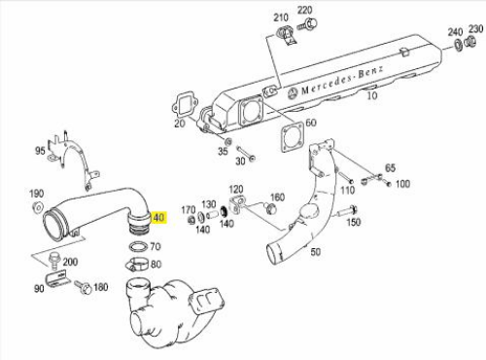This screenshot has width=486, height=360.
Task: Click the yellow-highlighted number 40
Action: point(158,218)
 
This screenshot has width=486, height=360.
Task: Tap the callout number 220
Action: point(304,11)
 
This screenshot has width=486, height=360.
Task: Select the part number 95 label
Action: point(40,151)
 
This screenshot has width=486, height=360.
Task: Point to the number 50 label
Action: point(315,252)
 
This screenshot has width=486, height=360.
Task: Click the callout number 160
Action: point(277,198)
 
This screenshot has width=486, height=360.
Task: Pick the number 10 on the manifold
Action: point(372,95)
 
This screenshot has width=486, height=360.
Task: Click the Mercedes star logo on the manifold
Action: point(293,93)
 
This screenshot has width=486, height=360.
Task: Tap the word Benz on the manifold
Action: point(370,72)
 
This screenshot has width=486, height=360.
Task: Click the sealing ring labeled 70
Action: point(139,246)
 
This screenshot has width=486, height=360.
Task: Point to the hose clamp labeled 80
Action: point(137,264)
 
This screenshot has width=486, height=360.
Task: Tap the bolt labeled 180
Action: point(83,287)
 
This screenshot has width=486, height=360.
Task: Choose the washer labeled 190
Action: point(38,207)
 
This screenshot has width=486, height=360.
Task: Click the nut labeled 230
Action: point(470,42)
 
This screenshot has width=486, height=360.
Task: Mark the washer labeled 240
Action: point(459,45)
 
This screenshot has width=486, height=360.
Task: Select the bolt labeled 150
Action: point(347,212)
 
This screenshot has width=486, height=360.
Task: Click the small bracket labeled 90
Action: point(57,279)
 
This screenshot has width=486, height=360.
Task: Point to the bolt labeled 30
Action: point(245,154)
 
